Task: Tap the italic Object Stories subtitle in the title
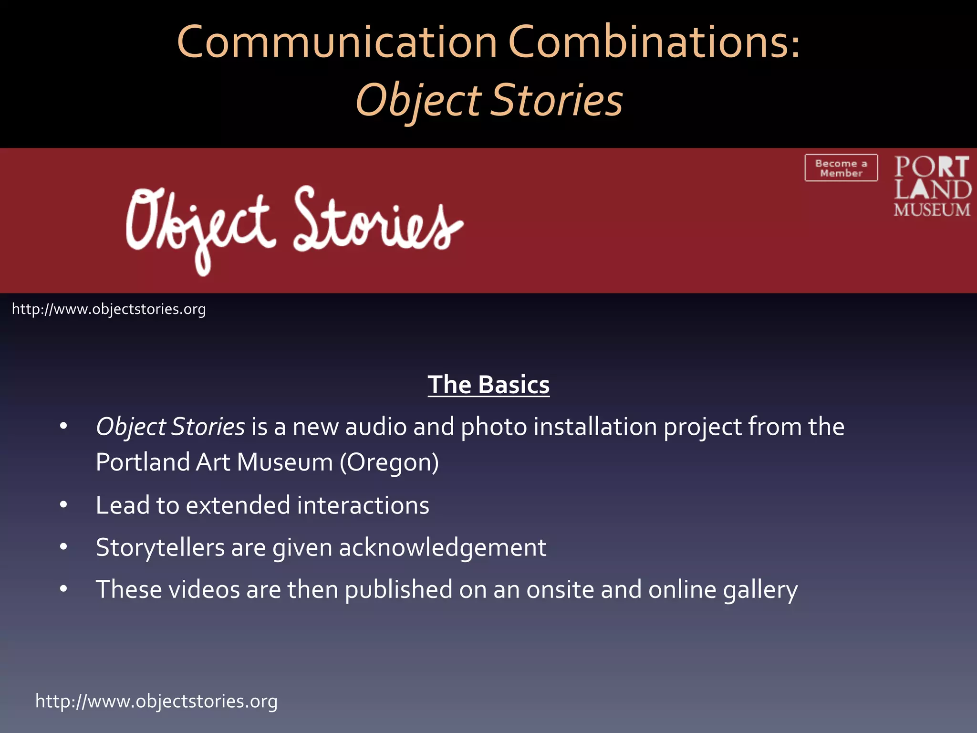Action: pos(489,100)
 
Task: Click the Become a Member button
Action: pos(841,168)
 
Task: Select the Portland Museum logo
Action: pos(932,186)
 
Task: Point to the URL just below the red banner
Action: pos(109,309)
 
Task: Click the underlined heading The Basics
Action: pos(488,385)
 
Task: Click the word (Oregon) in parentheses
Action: pos(389,462)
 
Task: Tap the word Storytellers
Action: pos(160,547)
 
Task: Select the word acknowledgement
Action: pos(442,547)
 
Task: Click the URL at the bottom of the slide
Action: pos(156,701)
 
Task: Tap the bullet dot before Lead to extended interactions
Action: pos(63,505)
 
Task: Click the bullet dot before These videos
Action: pos(63,589)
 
